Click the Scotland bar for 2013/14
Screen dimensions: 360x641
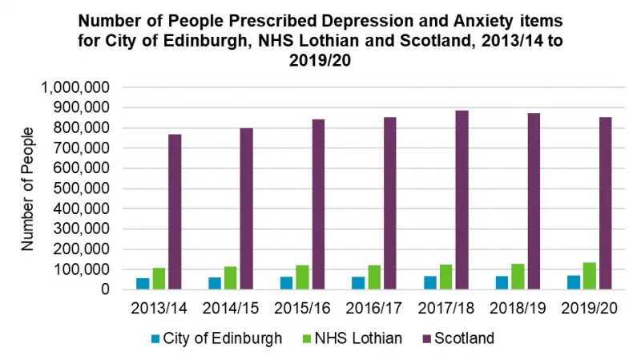[175, 212]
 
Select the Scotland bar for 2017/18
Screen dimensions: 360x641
[462, 200]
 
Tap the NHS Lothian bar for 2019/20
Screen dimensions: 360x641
[589, 276]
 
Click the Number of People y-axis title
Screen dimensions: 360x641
[28, 188]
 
